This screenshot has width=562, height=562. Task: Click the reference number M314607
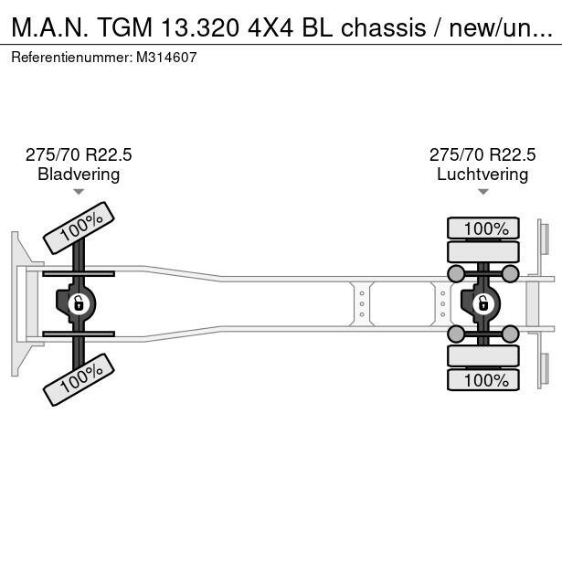point(167,57)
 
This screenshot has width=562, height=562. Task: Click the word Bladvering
point(79,175)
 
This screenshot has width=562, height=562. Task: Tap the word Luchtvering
point(482,175)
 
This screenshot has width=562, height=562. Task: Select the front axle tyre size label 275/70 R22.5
point(79,155)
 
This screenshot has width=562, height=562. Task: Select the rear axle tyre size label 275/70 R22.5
point(482,155)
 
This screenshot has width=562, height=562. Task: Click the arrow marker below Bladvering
point(79,192)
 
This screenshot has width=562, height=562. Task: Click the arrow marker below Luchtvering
point(482,192)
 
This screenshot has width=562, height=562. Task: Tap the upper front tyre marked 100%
point(80,228)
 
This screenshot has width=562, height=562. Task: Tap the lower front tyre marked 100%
point(80,378)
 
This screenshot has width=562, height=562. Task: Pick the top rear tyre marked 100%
point(482,228)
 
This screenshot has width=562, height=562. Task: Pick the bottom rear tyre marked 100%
point(482,379)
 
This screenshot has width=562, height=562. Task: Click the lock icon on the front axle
point(78,303)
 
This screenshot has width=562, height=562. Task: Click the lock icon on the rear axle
point(482,303)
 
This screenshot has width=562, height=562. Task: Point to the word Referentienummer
point(71,57)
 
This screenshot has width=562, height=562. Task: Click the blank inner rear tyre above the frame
point(482,251)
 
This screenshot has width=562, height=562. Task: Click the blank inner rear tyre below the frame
point(482,355)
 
